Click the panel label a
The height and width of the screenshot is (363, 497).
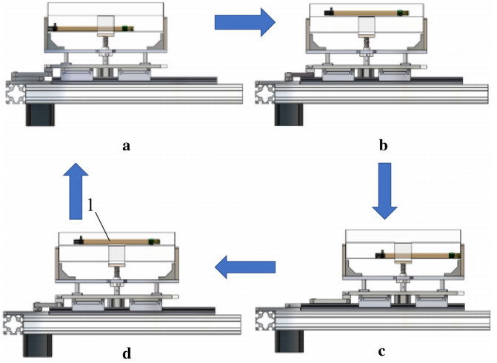coord(127,145)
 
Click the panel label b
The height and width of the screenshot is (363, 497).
coord(383,145)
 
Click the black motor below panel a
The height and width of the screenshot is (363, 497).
coord(39,115)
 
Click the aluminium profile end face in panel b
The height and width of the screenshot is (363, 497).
coord(264,93)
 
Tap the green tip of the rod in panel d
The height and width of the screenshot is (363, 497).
coord(153,242)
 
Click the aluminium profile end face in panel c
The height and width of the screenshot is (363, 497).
coord(264,319)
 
